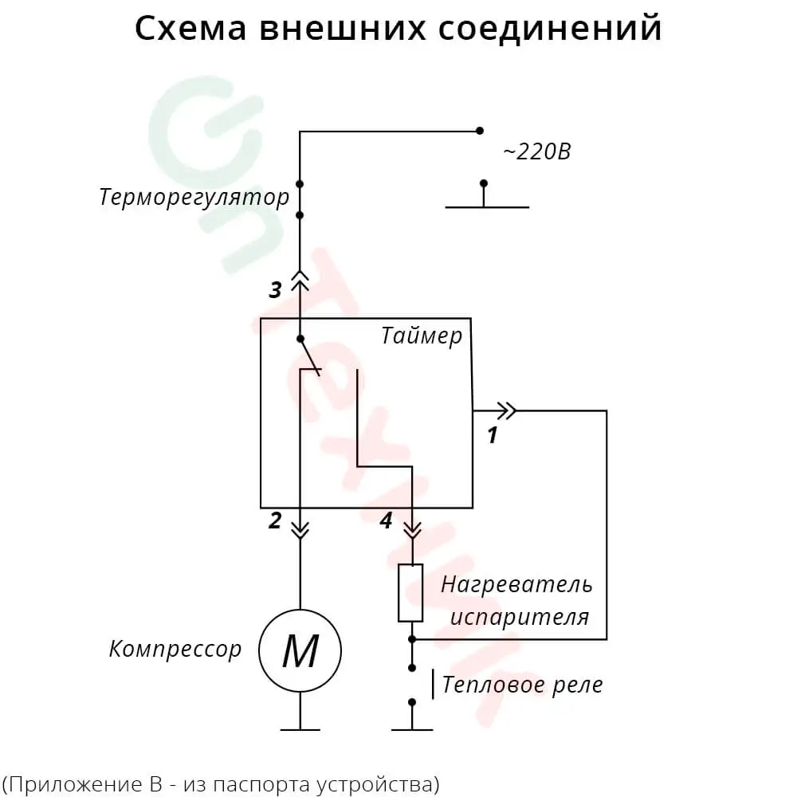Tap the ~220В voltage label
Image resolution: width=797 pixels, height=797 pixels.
536,151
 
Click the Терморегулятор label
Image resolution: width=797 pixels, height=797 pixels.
194,197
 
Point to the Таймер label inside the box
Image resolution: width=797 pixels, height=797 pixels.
421,336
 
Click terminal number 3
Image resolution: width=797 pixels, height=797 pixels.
275,290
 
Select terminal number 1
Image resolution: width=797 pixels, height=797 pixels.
493,435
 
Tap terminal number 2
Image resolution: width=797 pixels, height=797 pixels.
275,521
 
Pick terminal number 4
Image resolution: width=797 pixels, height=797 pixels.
386,521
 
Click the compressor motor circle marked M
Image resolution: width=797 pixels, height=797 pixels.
300,651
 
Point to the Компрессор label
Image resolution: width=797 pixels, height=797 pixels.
175,649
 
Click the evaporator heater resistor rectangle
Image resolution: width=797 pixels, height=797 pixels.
411,592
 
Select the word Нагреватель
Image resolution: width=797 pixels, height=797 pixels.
516,584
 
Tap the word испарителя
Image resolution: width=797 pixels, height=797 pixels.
520,617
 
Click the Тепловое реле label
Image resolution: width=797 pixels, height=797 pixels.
522,685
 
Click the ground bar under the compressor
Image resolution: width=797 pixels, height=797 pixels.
300,728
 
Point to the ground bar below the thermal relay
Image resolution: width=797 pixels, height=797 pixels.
412,728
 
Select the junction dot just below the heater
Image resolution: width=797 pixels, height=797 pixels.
412,639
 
